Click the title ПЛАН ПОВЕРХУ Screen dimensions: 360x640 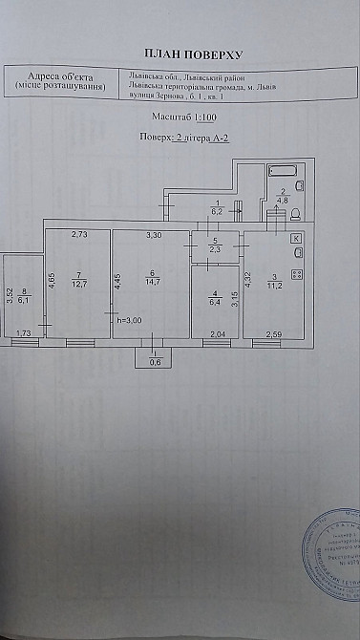tap(180, 56)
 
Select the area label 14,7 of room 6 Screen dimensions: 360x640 tap(152, 281)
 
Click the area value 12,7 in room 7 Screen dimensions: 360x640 tap(79, 282)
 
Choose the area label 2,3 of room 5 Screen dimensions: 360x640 tap(216, 250)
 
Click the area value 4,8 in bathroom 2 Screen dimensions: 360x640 tap(283, 201)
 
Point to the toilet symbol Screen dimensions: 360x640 tap(295, 213)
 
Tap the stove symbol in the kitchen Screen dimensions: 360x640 tap(296, 274)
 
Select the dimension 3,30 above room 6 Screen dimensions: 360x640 tap(153, 234)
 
